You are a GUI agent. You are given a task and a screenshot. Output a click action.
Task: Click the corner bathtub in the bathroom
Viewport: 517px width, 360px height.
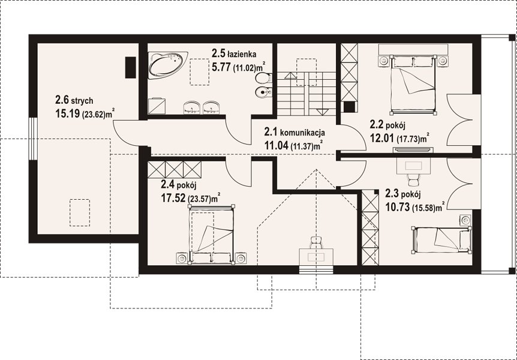tap(167, 65)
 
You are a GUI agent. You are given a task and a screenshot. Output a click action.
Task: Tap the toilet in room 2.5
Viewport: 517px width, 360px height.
tap(264, 78)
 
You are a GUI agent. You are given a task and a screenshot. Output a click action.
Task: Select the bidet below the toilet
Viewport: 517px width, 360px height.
tap(264, 91)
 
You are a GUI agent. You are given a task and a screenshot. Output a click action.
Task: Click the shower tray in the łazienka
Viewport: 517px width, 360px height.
tap(157, 106)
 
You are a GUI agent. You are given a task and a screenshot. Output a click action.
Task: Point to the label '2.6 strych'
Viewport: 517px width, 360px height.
tap(74, 100)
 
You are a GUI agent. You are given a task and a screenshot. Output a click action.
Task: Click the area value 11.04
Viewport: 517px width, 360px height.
tap(276, 145)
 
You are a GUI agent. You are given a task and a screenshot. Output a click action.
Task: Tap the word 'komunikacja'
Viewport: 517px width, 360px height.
tap(302, 133)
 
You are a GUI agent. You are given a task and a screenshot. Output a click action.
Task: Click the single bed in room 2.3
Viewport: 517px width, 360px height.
tap(441, 239)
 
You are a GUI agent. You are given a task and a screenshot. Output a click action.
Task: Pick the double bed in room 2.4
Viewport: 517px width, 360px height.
tap(211, 234)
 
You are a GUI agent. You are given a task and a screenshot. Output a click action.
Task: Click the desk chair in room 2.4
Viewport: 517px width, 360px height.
tap(316, 242)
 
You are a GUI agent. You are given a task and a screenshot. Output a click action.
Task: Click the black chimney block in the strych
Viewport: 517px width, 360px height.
tap(131, 67)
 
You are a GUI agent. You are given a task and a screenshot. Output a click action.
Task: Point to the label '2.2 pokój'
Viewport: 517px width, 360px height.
tap(387, 125)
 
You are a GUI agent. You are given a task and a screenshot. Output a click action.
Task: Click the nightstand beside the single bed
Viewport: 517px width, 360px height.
tap(465, 220)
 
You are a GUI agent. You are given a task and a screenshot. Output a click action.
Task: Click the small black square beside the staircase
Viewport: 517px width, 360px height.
tap(349, 107)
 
